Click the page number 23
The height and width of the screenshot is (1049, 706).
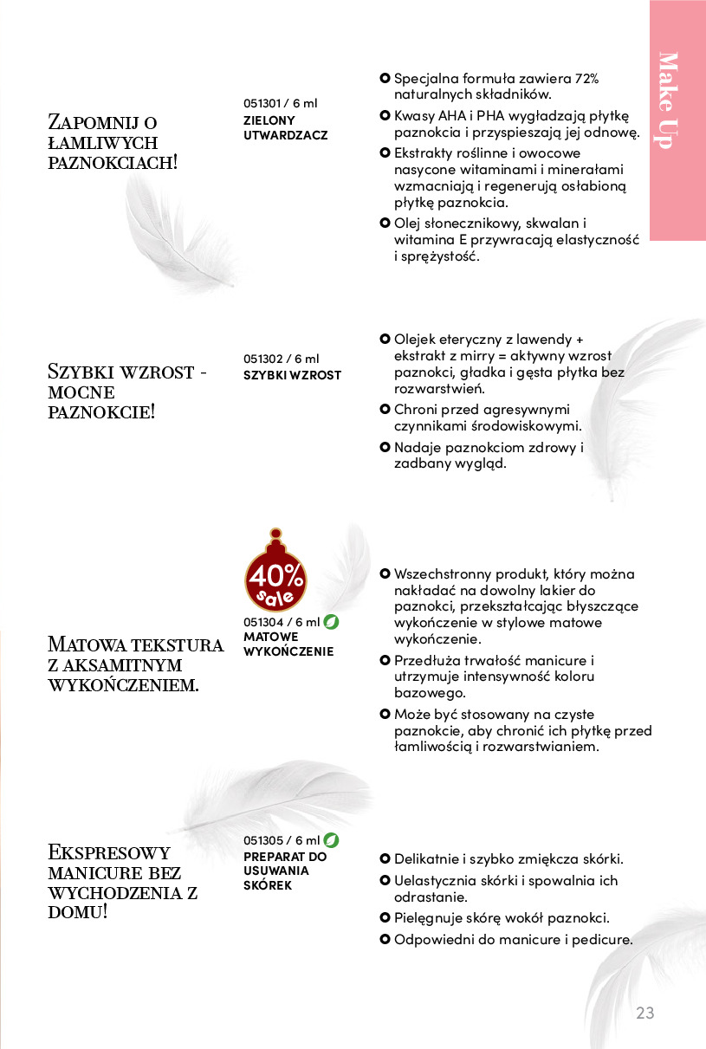pos(645,1013)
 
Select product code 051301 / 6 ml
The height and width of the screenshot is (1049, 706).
pos(281,103)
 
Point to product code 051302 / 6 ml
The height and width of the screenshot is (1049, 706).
pos(281,359)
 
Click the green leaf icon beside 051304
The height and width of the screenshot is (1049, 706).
pos(331,621)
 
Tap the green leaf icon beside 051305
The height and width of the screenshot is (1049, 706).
pos(331,840)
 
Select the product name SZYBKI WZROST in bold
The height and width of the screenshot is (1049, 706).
pos(292,375)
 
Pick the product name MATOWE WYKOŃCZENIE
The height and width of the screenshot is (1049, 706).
pos(288,644)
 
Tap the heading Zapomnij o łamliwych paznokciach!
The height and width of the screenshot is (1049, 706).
pos(113,142)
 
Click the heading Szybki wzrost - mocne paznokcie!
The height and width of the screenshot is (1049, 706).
pos(126,392)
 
